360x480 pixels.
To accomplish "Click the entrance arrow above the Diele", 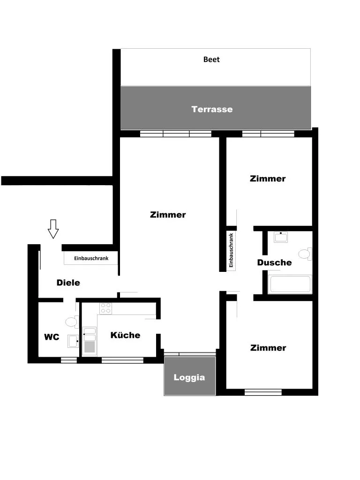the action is [53, 229].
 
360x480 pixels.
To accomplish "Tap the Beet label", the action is [211, 60].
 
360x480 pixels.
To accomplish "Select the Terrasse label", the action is [212, 109].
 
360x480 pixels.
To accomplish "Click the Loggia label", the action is [189, 377].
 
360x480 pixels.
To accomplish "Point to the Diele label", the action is [68, 283].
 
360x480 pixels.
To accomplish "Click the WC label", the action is [52, 337].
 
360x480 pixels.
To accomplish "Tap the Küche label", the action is [125, 335].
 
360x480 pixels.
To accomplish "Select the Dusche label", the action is [274, 262].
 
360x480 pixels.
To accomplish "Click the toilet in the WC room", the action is [72, 322].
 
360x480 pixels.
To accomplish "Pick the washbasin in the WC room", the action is [74, 341].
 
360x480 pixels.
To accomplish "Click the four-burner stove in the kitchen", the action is [105, 308].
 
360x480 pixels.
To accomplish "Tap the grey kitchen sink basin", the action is [90, 347].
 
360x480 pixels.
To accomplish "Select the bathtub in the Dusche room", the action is [290, 285].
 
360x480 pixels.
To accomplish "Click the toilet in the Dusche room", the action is [305, 254].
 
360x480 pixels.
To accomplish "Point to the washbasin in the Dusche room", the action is [281, 237].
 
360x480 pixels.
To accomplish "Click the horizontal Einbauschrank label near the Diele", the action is [91, 258].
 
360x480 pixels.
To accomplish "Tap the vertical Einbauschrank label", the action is [231, 250].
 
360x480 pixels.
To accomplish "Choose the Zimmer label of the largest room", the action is [168, 215].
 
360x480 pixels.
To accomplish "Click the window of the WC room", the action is [69, 360].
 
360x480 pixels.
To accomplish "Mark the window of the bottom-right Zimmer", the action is [263, 392].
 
